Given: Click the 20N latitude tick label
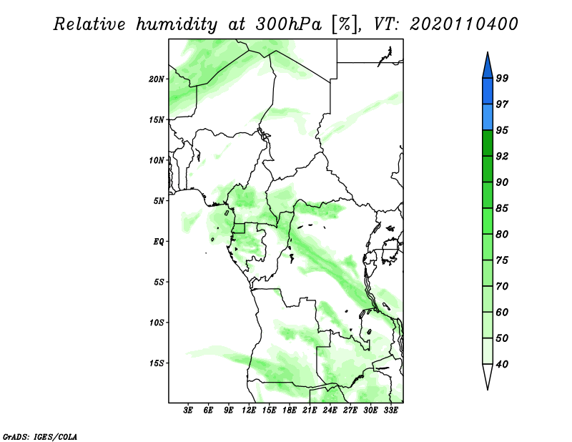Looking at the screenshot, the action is tap(157, 79).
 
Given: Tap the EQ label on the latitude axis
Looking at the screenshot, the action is tap(159, 242).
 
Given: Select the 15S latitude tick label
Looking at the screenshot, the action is tap(157, 363).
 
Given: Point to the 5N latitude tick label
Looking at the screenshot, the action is tap(159, 201).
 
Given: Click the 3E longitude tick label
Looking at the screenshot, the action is tap(188, 411).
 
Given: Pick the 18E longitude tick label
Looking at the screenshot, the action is tap(290, 411).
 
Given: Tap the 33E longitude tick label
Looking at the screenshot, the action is tap(390, 411).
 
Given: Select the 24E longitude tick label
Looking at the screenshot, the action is tap(330, 411).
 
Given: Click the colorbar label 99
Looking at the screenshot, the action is tap(502, 78).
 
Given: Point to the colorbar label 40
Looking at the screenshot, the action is tap(502, 364).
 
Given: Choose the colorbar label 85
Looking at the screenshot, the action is tap(502, 208).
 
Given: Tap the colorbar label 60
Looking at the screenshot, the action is tap(502, 312).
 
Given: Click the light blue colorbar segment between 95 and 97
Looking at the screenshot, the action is tap(488, 117).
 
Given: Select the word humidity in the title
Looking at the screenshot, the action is tap(177, 24).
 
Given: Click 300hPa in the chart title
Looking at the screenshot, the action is tap(289, 24).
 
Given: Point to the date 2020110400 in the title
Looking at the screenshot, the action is tap(463, 24).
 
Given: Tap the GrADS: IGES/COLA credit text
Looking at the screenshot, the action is tap(40, 436).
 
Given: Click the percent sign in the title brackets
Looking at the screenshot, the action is tap(344, 24).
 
